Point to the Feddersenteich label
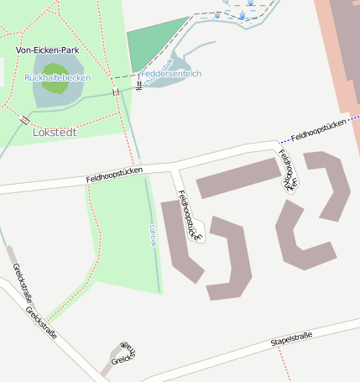tap(171, 74)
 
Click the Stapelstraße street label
tap(291, 338)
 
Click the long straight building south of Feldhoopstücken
tap(238, 176)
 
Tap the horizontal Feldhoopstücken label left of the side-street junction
tap(114, 175)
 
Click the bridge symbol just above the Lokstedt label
tap(26, 121)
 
